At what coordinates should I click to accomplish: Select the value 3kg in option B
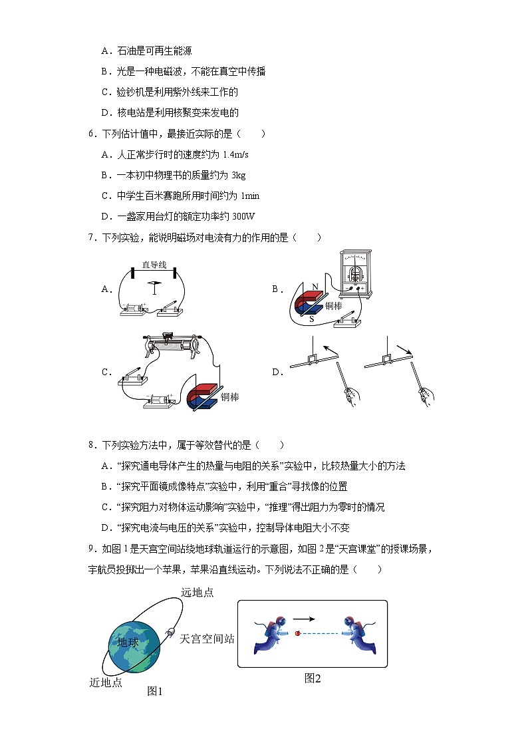coord(237,176)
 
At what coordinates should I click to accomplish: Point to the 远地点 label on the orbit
coord(198,592)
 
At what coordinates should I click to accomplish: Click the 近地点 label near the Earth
coord(106,682)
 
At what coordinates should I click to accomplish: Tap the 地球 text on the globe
coord(128,643)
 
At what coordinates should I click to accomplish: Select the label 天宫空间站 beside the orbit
coord(207,638)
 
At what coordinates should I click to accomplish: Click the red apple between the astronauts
coord(297,633)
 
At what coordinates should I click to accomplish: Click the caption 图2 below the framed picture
coord(313,678)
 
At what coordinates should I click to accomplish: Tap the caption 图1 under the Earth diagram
coord(155,691)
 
